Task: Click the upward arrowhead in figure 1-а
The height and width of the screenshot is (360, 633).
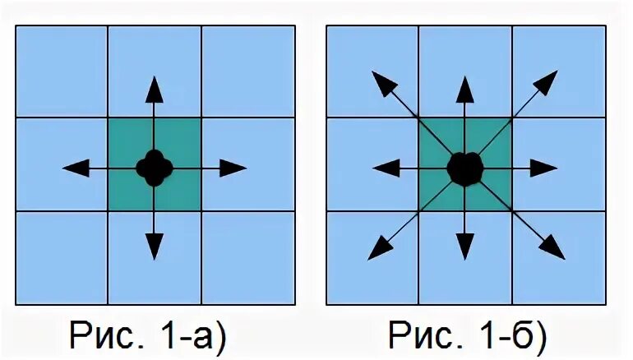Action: (x=154, y=88)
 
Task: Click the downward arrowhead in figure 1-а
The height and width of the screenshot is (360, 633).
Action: (x=154, y=244)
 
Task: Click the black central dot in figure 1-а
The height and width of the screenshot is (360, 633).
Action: (x=154, y=167)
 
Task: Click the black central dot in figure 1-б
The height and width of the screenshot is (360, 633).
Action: (x=464, y=168)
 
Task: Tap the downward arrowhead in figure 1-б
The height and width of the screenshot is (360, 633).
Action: (x=464, y=244)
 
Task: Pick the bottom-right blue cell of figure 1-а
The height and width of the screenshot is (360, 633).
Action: (x=247, y=256)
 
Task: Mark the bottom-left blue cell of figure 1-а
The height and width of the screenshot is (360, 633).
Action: (x=62, y=256)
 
